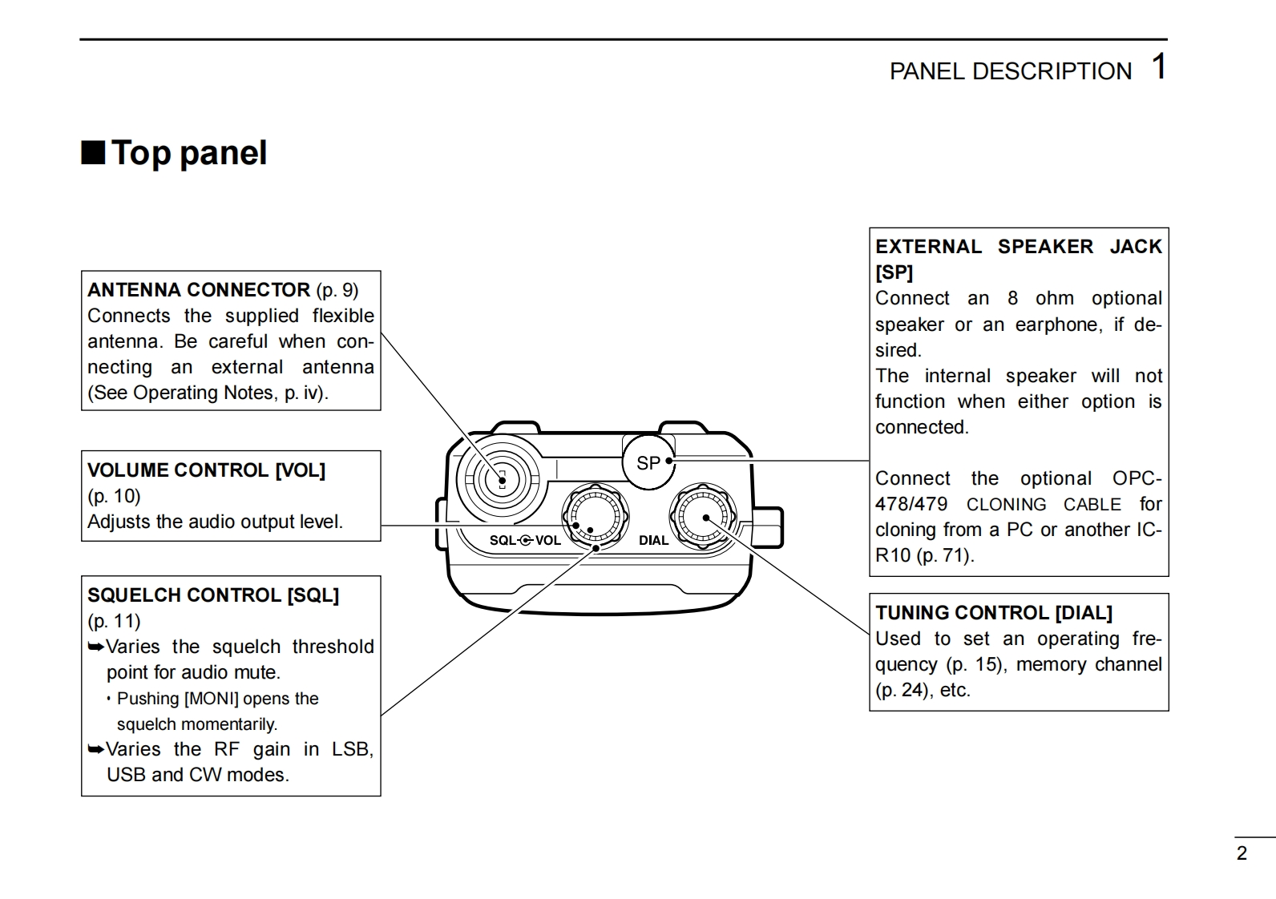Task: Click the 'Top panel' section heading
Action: [188, 153]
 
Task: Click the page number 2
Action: [1242, 853]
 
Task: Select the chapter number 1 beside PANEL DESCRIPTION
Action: [1158, 67]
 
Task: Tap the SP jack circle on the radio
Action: [648, 462]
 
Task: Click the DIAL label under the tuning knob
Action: [653, 540]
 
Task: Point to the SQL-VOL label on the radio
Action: [525, 540]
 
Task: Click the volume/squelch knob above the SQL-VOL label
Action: [594, 517]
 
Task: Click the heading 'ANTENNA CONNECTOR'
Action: [199, 290]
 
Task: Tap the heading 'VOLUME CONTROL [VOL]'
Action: [206, 470]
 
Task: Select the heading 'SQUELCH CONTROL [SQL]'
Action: [213, 595]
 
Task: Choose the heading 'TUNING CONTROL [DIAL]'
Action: [993, 613]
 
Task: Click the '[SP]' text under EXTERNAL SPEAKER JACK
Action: [894, 272]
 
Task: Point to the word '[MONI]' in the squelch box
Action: [212, 699]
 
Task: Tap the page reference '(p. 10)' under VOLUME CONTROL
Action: [114, 496]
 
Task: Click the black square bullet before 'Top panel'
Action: [93, 152]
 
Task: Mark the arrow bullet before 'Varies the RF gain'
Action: [95, 750]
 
